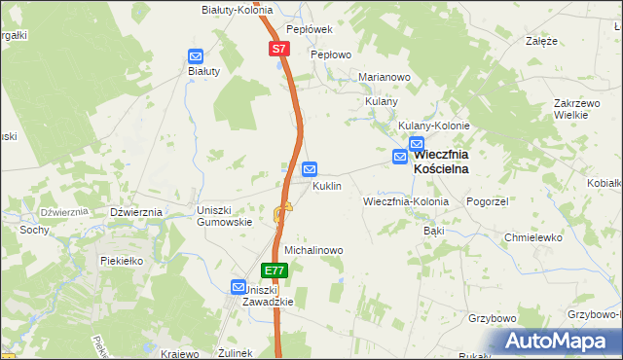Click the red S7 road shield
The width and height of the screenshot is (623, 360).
(278, 48)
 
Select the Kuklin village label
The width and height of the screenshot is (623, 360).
(326, 186)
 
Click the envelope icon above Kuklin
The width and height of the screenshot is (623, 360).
(310, 168)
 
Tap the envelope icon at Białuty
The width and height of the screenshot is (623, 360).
(195, 56)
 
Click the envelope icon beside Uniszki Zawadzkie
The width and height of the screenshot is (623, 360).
(238, 287)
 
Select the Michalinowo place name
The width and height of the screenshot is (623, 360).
(313, 250)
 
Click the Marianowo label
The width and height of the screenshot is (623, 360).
(385, 77)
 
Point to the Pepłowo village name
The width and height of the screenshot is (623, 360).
(330, 55)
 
